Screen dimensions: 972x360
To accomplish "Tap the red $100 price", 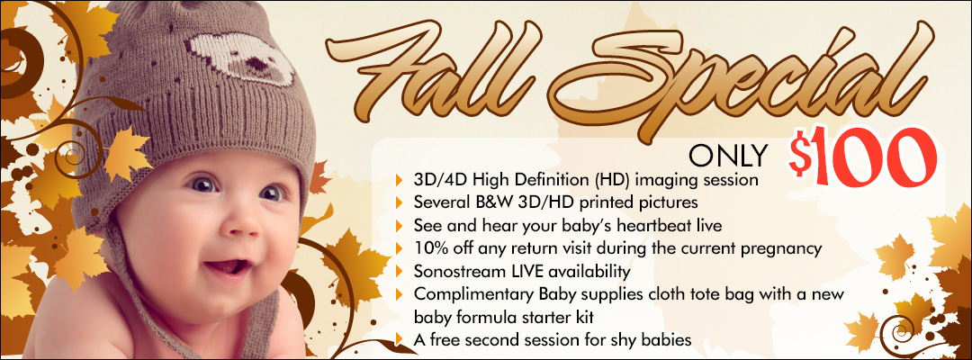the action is point(862,157).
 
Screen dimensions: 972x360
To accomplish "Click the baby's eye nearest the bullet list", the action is point(271,193).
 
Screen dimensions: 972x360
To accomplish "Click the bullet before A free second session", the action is point(400,339).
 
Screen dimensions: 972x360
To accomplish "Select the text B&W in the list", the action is point(495,202).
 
